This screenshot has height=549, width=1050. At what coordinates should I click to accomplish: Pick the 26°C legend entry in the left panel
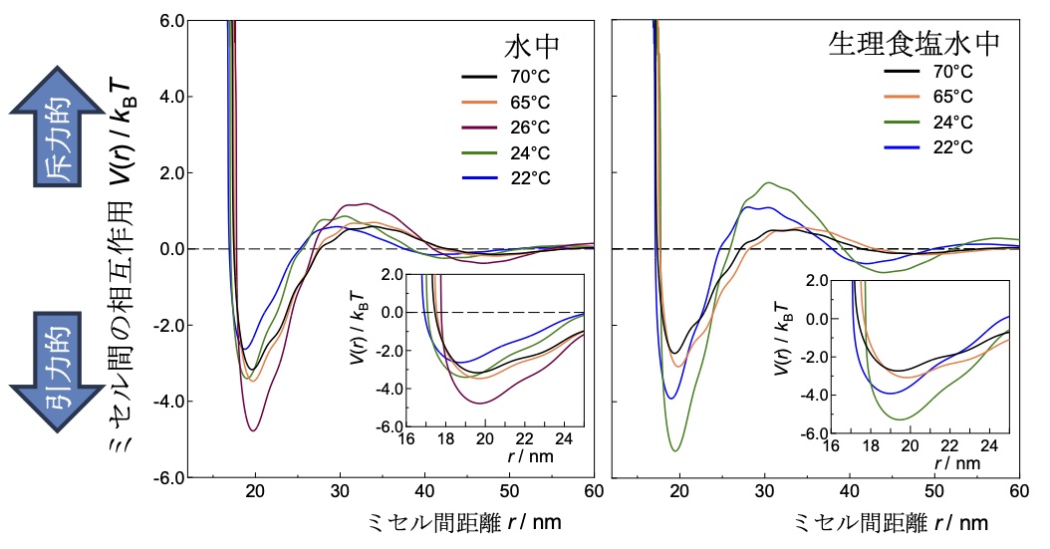coord(526,127)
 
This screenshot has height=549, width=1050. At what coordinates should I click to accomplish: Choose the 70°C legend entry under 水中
coord(526,76)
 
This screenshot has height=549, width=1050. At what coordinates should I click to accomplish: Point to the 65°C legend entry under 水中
coord(526,101)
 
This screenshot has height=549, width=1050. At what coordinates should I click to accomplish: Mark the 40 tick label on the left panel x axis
coord(423,492)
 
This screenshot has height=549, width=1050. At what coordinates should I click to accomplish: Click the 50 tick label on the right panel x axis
coord(934,492)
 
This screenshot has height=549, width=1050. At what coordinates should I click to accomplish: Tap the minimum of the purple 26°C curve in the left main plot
coord(254,430)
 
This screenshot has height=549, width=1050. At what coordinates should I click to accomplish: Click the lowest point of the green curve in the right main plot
coord(677,451)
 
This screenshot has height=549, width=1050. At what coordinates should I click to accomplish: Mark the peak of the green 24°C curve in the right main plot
coord(767,182)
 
